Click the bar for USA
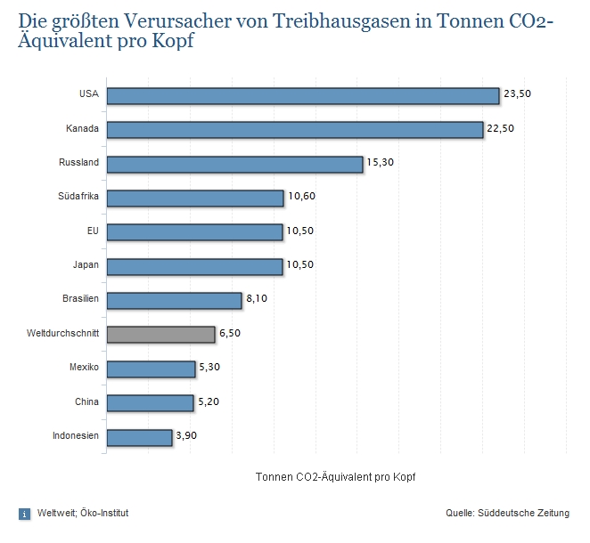[303, 95]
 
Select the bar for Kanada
[295, 130]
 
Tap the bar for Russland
[234, 164]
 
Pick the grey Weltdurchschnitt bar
[161, 334]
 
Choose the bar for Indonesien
[139, 437]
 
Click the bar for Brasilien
[174, 300]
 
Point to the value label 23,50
[517, 93]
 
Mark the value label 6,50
[230, 333]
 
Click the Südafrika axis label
[79, 198]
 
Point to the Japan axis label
[86, 265]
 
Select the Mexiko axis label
[84, 368]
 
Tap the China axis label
[86, 402]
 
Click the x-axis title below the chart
[335, 476]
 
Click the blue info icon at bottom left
[24, 514]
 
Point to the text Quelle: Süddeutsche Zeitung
[508, 514]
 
